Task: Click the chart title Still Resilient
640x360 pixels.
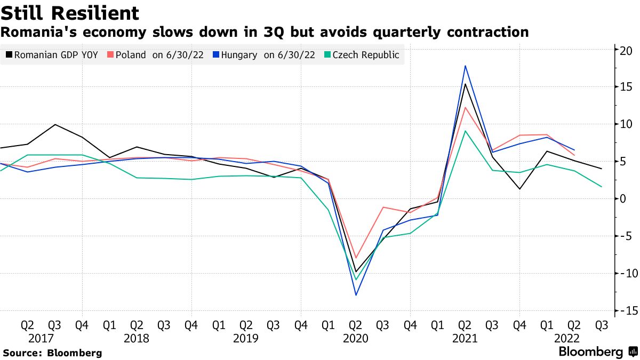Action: (70, 13)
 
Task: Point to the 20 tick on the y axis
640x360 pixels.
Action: (626, 50)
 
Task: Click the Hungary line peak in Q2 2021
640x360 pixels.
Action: (465, 66)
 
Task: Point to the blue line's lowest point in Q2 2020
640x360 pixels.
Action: (356, 295)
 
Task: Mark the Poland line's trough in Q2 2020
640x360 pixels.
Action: (356, 258)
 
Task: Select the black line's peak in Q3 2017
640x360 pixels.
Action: (54, 125)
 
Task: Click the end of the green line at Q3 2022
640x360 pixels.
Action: (602, 187)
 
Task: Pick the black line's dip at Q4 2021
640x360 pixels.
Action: (519, 189)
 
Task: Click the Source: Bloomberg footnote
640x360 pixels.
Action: (52, 353)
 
